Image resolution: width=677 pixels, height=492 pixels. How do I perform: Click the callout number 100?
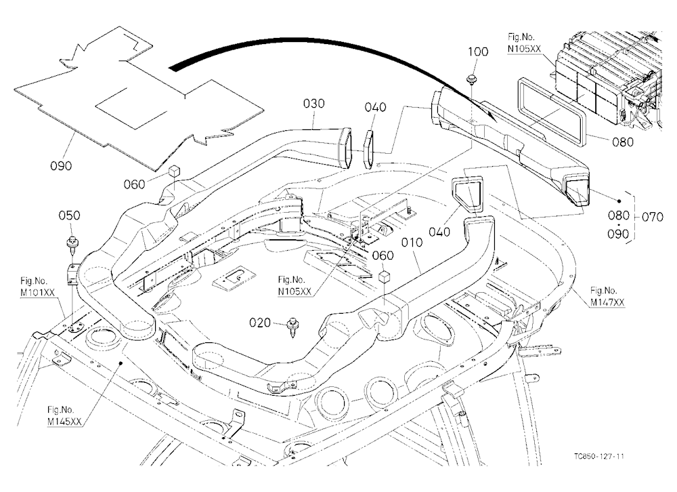pyautogui.click(x=478, y=52)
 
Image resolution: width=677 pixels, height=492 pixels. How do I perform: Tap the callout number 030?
pyautogui.click(x=314, y=104)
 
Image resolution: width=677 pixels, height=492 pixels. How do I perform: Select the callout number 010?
pyautogui.click(x=412, y=243)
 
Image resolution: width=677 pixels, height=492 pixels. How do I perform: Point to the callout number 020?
pyautogui.click(x=260, y=323)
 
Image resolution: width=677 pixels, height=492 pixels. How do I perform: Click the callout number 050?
pyautogui.click(x=69, y=216)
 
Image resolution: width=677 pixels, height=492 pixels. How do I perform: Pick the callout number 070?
pyautogui.click(x=653, y=217)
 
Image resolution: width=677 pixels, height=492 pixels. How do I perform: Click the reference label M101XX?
pyautogui.click(x=37, y=293)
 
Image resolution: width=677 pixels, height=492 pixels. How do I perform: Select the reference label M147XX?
pyautogui.click(x=607, y=303)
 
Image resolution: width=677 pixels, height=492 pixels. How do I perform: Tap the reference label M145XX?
pyautogui.click(x=64, y=422)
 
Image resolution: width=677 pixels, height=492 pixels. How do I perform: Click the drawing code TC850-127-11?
pyautogui.click(x=599, y=456)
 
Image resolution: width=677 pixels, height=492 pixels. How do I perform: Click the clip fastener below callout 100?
pyautogui.click(x=471, y=80)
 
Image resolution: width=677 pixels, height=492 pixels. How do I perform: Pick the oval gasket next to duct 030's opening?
pyautogui.click(x=368, y=149)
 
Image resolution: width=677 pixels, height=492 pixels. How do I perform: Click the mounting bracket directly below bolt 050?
pyautogui.click(x=72, y=274)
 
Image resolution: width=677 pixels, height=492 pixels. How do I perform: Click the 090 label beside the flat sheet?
pyautogui.click(x=61, y=165)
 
